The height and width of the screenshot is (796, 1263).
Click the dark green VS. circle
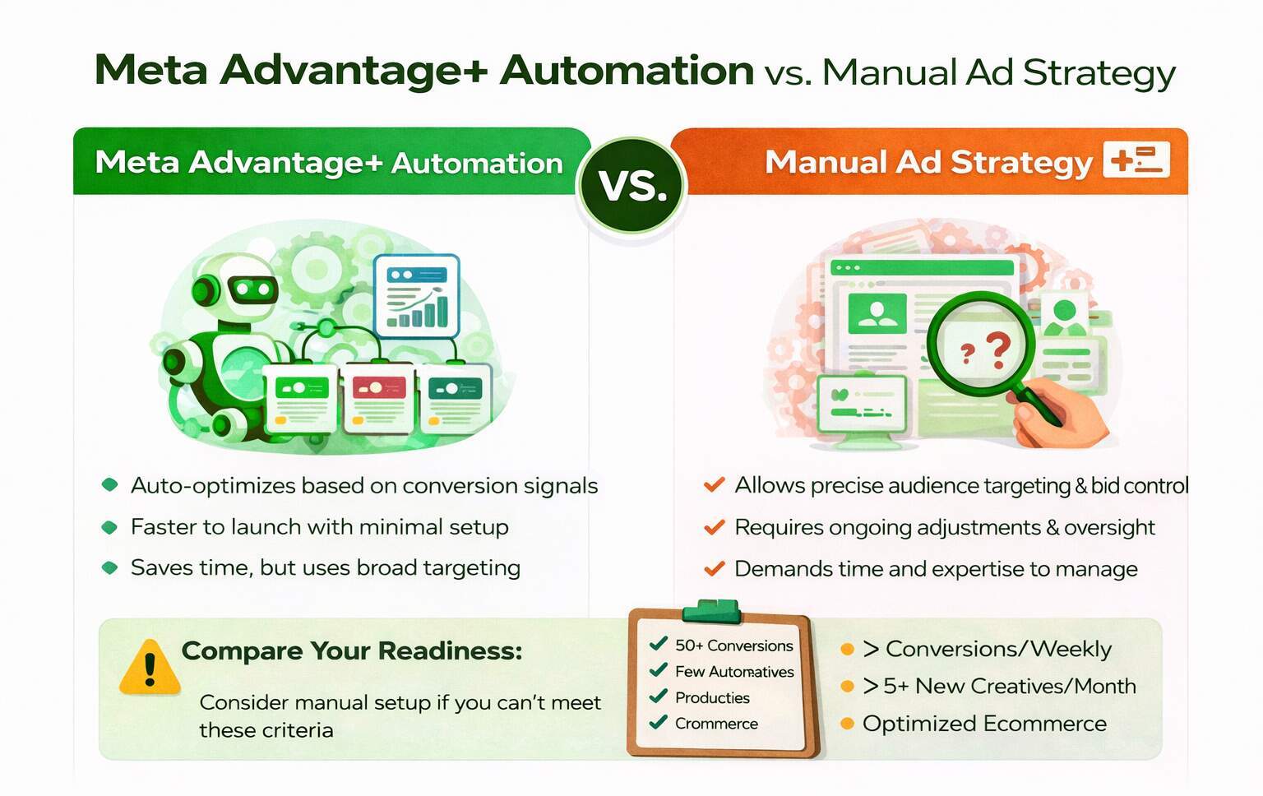point(632,186)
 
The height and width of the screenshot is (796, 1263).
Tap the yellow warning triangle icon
point(149,669)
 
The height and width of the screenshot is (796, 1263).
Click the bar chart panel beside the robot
point(417,296)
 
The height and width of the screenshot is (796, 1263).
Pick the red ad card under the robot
point(378,397)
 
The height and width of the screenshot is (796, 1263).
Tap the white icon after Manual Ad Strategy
point(1136,160)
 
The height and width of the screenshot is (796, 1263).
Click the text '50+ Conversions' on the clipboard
point(733,646)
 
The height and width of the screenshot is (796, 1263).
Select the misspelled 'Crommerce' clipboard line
point(716,724)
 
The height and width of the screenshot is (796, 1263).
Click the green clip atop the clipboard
point(711,611)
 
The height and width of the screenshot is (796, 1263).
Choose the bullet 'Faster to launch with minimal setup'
point(319,527)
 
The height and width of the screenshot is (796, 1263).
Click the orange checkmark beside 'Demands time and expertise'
point(714,568)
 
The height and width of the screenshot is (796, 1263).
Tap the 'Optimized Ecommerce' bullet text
point(984,724)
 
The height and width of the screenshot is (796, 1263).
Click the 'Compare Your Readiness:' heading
point(351,651)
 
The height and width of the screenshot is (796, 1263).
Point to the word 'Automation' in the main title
point(627,71)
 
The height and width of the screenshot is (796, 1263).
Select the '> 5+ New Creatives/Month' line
point(999,686)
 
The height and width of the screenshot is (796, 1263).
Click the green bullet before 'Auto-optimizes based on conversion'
point(109,485)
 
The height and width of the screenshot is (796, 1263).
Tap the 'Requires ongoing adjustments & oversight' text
point(944,527)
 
